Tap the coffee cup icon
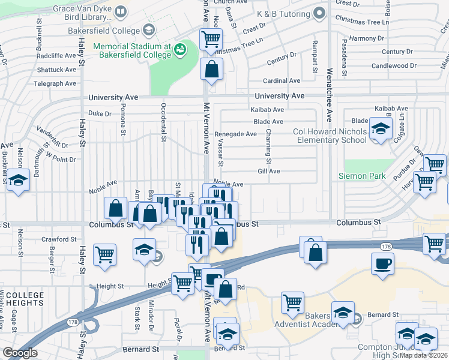[x=382, y=263]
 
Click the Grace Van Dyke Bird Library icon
[x=120, y=11]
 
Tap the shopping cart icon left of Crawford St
[x=105, y=254]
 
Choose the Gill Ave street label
[x=269, y=171]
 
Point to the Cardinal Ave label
[x=282, y=80]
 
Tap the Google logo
[x=20, y=353]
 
